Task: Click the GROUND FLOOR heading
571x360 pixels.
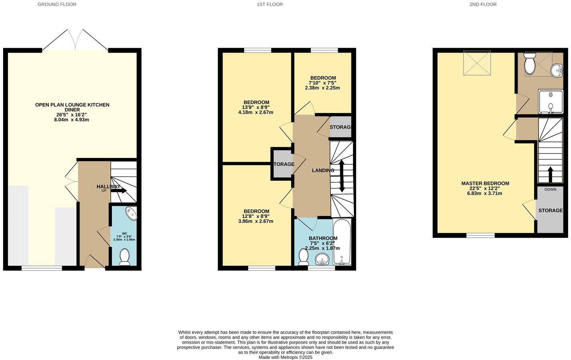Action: [x=57, y=4]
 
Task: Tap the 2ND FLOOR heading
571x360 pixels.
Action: [x=483, y=4]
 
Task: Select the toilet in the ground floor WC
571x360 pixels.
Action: [x=125, y=257]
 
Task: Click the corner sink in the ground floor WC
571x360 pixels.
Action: [x=131, y=213]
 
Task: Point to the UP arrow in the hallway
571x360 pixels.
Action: [x=119, y=190]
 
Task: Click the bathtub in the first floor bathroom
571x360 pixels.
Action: [x=342, y=241]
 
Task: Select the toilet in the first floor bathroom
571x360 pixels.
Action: [x=303, y=257]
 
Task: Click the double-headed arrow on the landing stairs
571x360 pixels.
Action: [x=342, y=176]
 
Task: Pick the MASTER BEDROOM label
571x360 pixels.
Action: [x=485, y=183]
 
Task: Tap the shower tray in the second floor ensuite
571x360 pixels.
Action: [x=551, y=102]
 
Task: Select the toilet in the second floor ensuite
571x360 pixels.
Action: [x=529, y=63]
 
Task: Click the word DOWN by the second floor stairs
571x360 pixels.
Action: [x=551, y=189]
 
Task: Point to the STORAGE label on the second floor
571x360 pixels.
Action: [x=551, y=210]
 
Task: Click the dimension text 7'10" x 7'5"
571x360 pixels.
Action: [x=322, y=83]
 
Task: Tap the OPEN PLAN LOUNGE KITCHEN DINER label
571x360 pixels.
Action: [x=72, y=107]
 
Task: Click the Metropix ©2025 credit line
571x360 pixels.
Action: [x=285, y=358]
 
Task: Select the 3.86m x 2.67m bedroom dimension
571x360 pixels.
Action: [x=256, y=221]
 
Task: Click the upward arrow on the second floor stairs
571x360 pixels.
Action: [x=551, y=174]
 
